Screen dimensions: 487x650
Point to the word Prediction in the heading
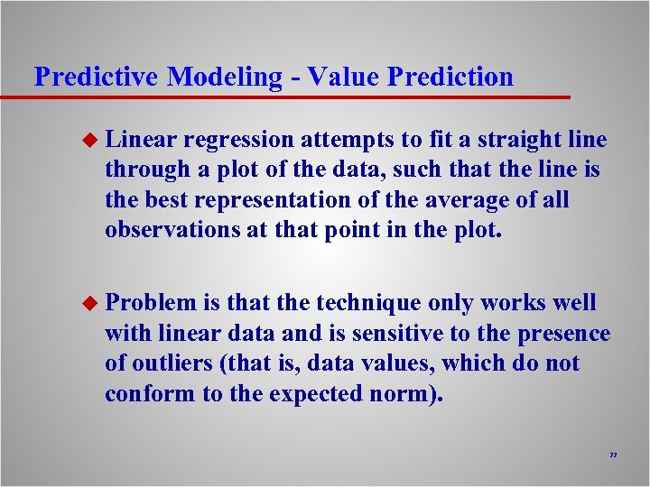[450, 78]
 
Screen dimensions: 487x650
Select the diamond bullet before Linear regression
[88, 140]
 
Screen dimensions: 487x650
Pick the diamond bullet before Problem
[88, 304]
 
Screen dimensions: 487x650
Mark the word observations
[171, 229]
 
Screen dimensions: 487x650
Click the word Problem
[150, 304]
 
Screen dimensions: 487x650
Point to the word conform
[144, 393]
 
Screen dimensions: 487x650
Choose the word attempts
[348, 140]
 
